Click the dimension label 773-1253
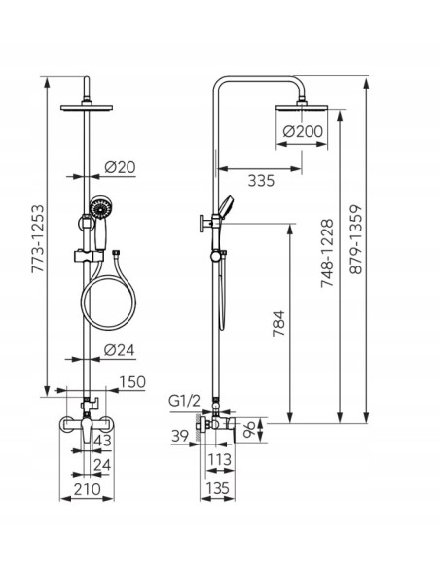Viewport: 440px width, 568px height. (38, 238)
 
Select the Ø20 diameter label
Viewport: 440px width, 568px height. (120, 167)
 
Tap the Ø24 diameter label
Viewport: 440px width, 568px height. (119, 350)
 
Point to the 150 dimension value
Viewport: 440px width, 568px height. (132, 382)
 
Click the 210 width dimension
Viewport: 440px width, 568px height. (88, 489)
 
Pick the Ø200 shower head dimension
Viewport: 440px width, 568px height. (303, 131)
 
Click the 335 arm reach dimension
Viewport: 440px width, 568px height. (261, 180)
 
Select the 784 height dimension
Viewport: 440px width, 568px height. (279, 324)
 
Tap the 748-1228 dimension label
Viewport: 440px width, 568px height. (327, 253)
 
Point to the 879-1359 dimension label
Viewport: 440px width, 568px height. (356, 240)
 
